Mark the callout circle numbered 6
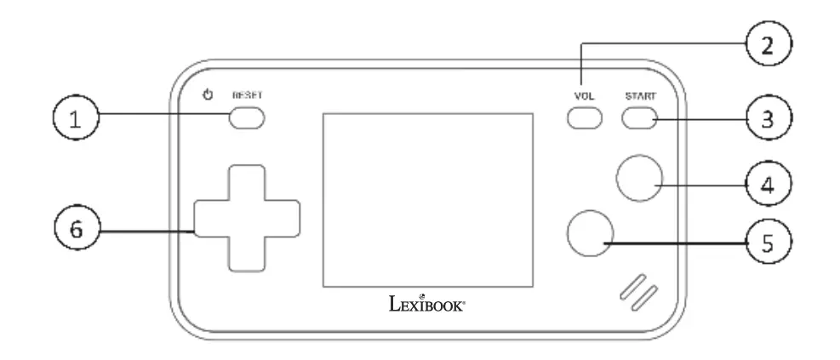pos(76,230)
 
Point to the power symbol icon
pos(207,94)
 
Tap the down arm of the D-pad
pos(246,253)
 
